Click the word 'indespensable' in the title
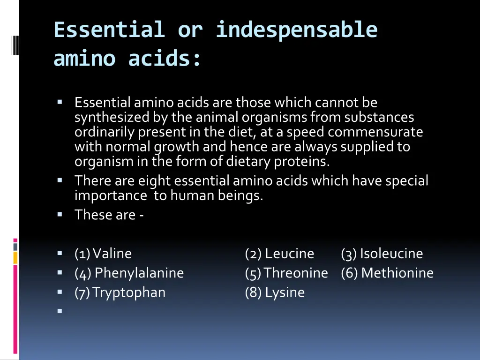tap(296, 30)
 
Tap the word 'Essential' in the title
tap(109, 30)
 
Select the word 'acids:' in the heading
tap(165, 59)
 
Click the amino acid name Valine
tap(112, 254)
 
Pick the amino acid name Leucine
tap(289, 254)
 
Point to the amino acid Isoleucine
tap(391, 254)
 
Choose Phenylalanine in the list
tap(139, 273)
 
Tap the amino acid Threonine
tap(296, 273)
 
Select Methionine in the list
tap(397, 273)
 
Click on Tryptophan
tap(129, 292)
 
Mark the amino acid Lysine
tap(285, 292)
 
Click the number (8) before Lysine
tap(253, 292)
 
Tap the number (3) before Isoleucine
tap(349, 254)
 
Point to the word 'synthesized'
tap(112, 117)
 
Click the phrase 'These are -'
tap(109, 215)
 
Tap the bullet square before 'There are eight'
tap(60, 180)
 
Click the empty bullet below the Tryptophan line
tap(60, 310)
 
